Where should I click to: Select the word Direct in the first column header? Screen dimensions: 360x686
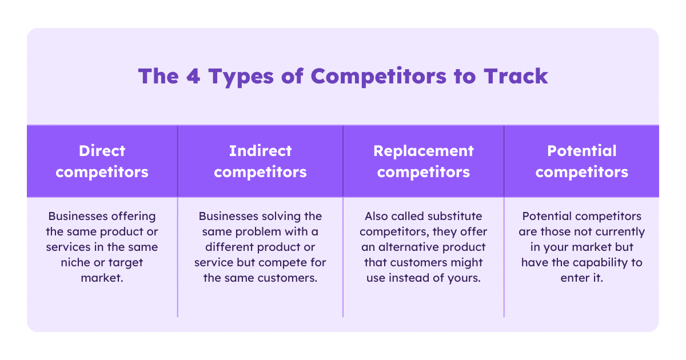coord(102,151)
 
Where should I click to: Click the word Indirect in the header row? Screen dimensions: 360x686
coord(260,151)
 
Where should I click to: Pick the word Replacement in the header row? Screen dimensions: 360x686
coord(424,151)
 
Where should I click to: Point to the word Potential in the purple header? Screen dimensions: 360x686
coord(582,151)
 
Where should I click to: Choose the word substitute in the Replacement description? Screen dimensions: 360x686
coord(457,217)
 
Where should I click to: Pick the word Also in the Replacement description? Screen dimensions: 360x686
coord(376,217)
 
